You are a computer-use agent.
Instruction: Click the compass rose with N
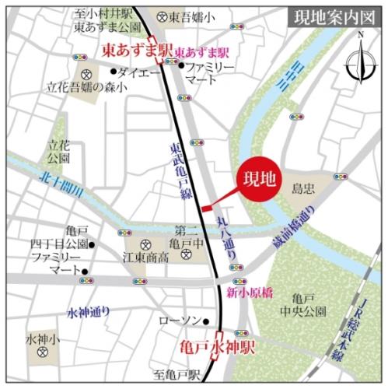point(360,58)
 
